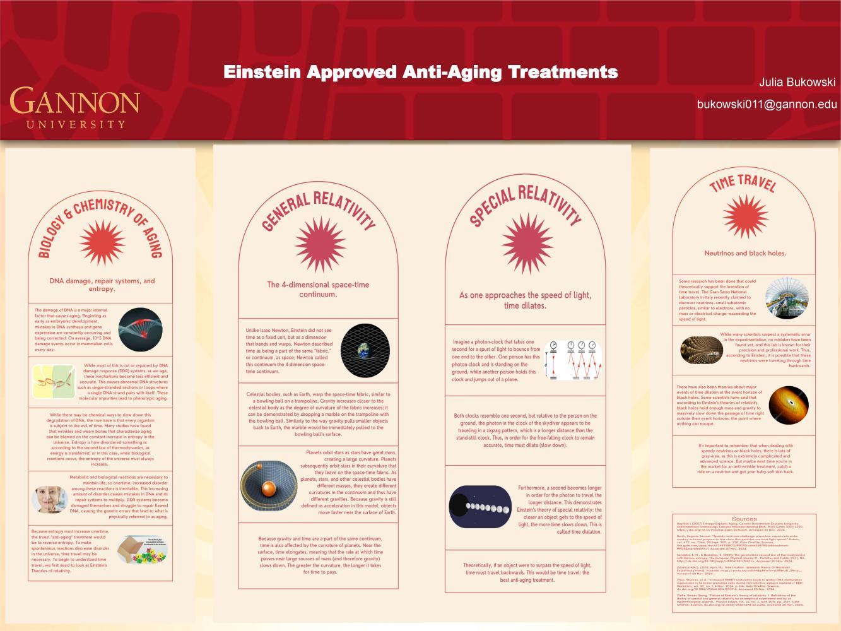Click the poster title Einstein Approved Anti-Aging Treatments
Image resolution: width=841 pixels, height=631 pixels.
420,72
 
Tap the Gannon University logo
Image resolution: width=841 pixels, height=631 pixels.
74,107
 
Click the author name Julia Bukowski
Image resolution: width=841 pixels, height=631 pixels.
797,83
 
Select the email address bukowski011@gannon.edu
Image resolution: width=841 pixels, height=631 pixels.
767,104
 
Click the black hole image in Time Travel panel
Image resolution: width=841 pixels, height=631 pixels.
789,404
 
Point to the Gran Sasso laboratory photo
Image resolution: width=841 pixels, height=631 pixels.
786,298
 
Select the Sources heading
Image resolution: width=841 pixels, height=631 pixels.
744,519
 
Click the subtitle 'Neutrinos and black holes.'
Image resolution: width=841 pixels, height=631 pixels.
745,253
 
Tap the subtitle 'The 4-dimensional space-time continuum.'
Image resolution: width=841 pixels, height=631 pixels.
318,289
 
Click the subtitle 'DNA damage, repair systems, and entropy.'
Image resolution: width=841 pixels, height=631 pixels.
102,285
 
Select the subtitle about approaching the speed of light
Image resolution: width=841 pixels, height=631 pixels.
525,300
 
